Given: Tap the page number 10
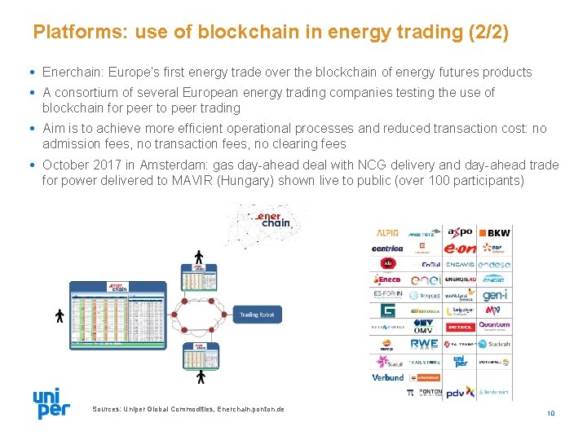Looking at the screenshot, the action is coord(551,413).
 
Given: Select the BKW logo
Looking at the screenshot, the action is coord(494,234).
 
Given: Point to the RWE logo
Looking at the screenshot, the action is coord(424,345).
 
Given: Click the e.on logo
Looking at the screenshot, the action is coord(459,248).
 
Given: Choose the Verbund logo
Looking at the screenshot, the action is coord(388,377).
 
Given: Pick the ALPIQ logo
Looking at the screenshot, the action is coord(387,233).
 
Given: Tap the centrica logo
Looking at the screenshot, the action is coord(387,249).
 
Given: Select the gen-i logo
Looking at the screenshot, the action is coord(495,295).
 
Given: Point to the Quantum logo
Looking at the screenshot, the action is coord(494,325).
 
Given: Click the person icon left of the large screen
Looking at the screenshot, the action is coord(60,315).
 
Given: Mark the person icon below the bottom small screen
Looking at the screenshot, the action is coord(201,377).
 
